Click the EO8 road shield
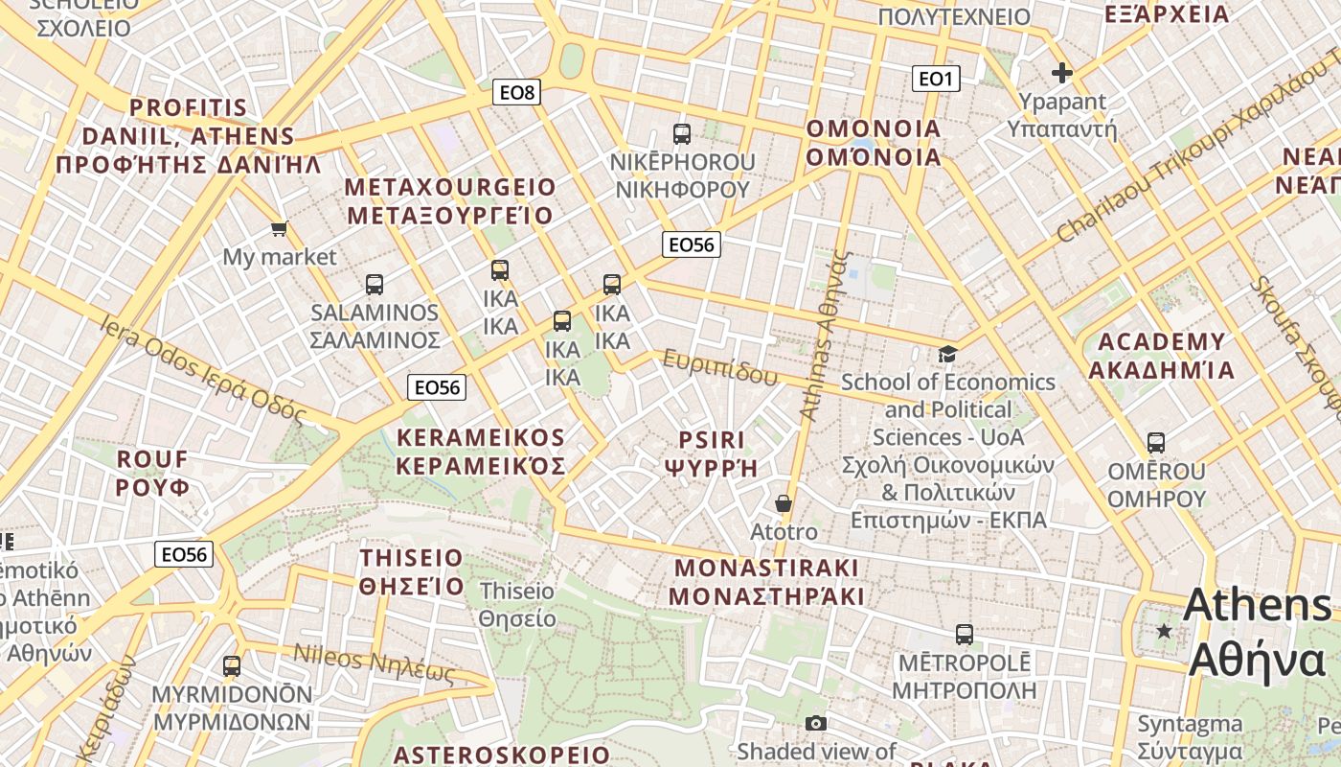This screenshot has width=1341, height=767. tap(517, 92)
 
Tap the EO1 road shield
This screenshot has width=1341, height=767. tap(935, 79)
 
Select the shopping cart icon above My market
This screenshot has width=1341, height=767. tap(279, 228)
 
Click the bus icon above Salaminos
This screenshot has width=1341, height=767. tap(375, 285)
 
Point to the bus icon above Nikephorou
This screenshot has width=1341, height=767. tap(682, 134)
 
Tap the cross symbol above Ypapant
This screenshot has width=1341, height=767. tap(1061, 72)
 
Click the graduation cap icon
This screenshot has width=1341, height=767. tap(947, 354)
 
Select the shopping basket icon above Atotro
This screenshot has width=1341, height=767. tap(784, 502)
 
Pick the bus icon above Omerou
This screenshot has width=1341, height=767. tap(1156, 443)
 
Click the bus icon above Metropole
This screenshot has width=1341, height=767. tap(964, 635)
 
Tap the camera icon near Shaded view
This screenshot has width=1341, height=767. tap(816, 723)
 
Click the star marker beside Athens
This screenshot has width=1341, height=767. tap(1164, 631)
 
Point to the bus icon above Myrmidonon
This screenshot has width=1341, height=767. tap(231, 666)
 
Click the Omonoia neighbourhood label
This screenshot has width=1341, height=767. tap(874, 143)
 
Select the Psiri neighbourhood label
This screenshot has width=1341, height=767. tap(711, 453)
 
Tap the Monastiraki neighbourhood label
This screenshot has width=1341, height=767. tap(766, 581)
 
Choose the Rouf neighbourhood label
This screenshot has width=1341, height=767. tap(153, 473)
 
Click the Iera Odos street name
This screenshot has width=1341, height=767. tap(201, 370)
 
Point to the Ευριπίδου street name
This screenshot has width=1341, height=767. tap(718, 368)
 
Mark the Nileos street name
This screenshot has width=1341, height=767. tap(374, 663)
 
